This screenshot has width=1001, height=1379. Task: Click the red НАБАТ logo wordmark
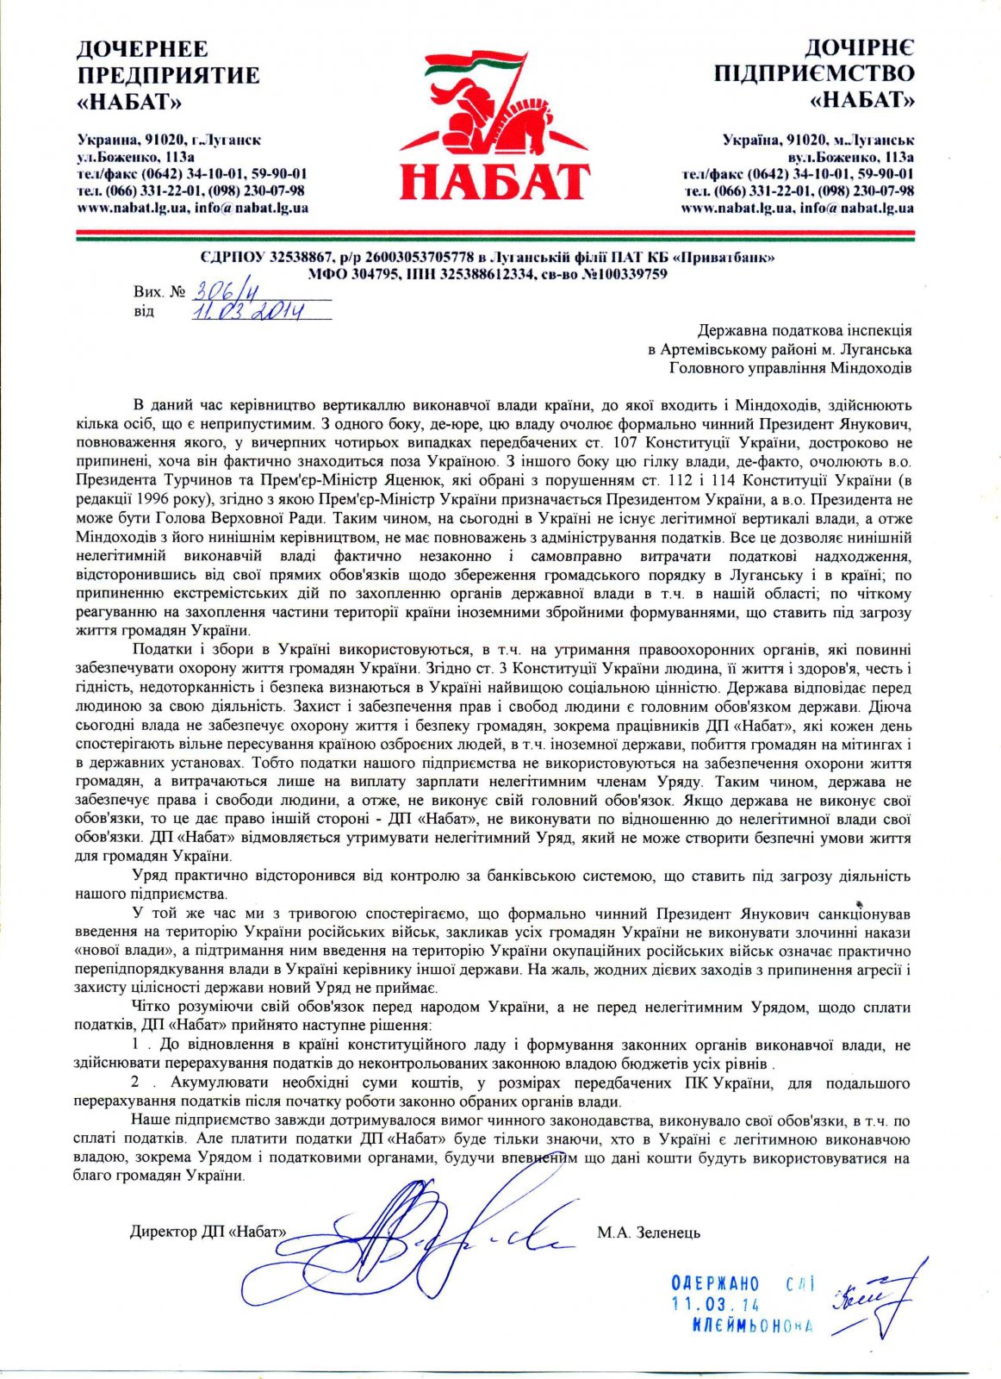click(x=494, y=180)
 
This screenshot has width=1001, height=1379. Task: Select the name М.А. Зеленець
click(x=649, y=1232)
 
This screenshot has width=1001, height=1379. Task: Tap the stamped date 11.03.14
click(x=715, y=1305)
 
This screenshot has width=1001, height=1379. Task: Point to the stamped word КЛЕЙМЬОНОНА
click(x=752, y=1326)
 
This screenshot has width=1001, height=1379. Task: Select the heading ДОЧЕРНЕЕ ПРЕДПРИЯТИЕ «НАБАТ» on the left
click(x=168, y=74)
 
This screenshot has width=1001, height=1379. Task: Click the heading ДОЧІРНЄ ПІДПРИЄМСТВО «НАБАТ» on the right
click(x=814, y=74)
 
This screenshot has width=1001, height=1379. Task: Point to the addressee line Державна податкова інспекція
click(x=805, y=330)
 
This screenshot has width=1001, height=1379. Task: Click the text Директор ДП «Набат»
click(x=208, y=1232)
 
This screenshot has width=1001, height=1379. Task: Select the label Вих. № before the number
click(x=159, y=292)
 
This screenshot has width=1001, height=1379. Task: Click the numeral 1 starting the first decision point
click(x=137, y=1045)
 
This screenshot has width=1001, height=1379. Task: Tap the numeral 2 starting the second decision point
click(x=137, y=1083)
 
